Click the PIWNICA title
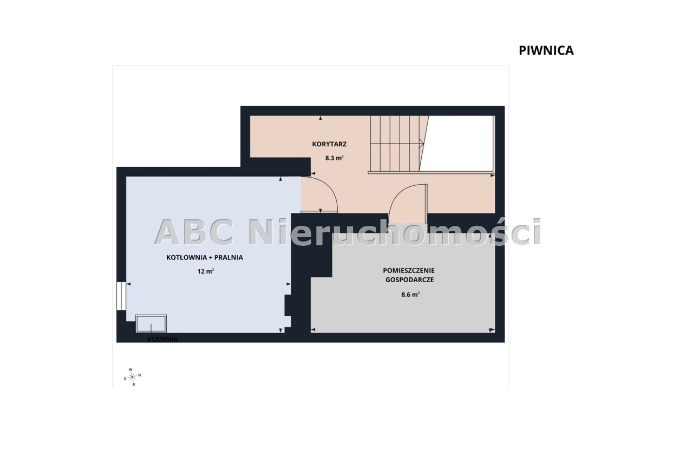coord(546,51)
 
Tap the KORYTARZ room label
coord(329,144)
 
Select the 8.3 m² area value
coord(334,158)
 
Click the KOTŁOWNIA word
coord(187,257)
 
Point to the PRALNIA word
coord(228,257)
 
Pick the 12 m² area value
coord(206,271)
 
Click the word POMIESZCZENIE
coord(409,270)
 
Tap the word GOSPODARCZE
coord(409,279)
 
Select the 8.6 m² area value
coord(410,295)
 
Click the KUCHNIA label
coord(162,339)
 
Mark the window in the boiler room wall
coord(121,296)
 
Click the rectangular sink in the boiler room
coord(151,324)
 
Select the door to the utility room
coord(408,204)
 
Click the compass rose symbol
coord(133,376)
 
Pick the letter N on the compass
coord(140,375)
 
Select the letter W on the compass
coord(130,369)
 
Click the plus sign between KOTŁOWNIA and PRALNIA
coord(211,257)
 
